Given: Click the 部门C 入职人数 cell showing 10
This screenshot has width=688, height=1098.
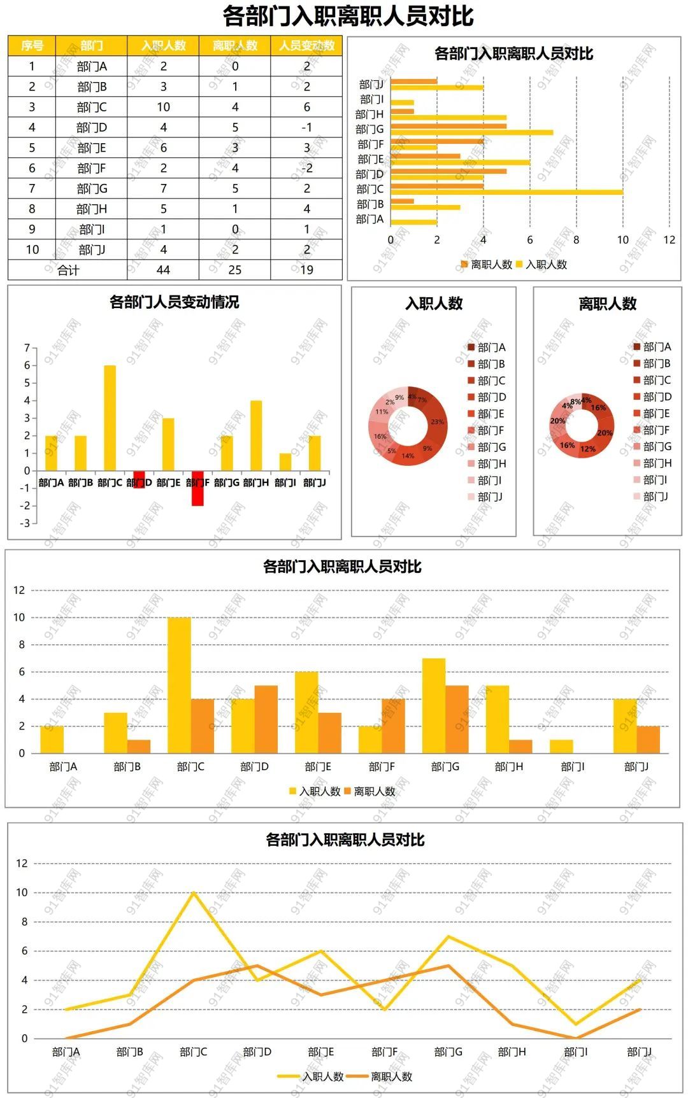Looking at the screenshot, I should (163, 107).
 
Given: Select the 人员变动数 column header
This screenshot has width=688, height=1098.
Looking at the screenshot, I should (306, 46).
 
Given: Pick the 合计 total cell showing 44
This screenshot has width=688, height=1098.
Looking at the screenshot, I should (163, 270).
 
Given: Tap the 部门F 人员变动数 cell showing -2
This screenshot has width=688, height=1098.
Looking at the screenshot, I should (306, 168).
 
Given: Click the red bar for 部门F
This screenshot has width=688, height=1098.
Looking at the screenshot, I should (197, 489).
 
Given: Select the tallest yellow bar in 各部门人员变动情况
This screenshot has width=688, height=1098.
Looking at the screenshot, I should (110, 418).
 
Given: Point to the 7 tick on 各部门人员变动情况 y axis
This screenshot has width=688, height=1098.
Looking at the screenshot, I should (27, 348).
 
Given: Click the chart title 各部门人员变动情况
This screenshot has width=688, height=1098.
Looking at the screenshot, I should (174, 302).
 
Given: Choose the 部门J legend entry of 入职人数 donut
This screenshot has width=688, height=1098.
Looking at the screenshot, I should (489, 496).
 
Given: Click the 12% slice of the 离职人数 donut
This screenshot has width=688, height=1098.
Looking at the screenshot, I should (588, 449).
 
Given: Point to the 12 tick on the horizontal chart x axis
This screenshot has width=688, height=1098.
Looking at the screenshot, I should (669, 240).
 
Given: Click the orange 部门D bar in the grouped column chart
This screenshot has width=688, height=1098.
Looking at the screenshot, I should (266, 719).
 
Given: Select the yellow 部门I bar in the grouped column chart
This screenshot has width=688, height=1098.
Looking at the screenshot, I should (561, 746).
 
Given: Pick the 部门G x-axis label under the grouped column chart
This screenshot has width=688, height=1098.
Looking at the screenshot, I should (445, 767).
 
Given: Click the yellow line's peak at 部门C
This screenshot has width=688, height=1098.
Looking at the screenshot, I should (194, 892).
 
